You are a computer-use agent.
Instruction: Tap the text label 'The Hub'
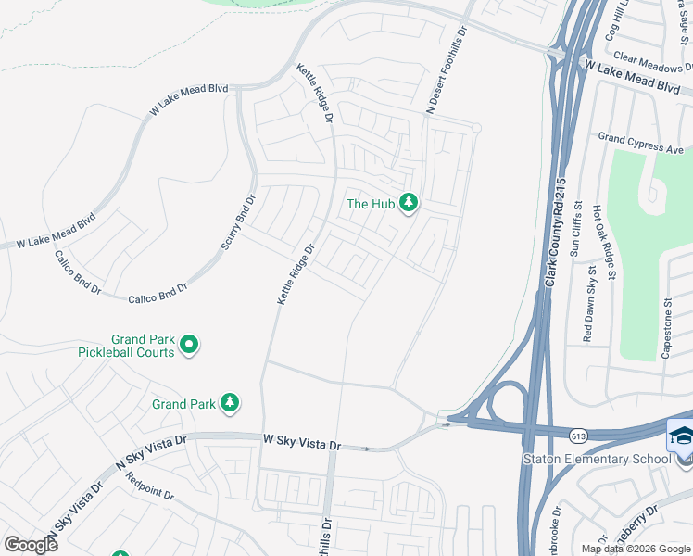tap(371, 204)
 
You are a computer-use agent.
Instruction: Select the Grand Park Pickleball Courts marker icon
tap(189, 346)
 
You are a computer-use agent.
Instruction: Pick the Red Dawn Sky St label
tap(590, 303)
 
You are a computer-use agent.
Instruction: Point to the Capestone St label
tap(667, 328)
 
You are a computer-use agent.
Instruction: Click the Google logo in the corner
tap(31, 544)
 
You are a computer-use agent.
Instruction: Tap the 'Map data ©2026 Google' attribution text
tap(636, 549)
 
